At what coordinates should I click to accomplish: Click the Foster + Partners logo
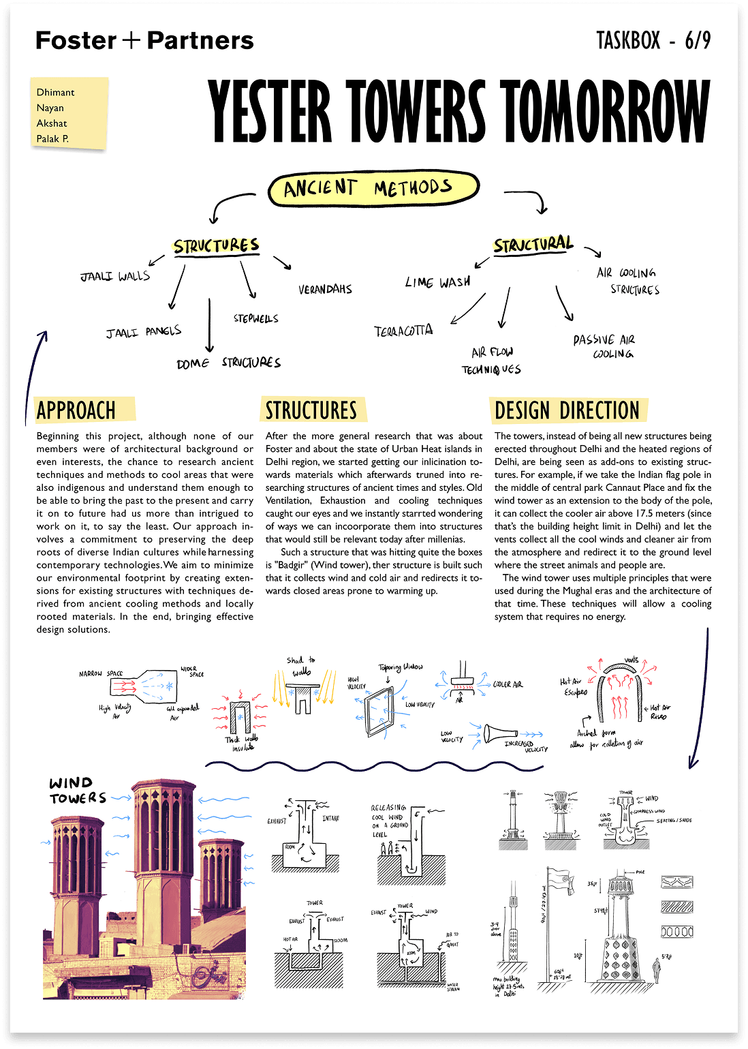click(144, 41)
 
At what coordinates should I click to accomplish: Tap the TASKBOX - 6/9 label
click(653, 41)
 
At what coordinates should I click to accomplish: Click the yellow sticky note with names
click(69, 114)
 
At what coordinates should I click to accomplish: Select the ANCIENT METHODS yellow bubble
click(373, 188)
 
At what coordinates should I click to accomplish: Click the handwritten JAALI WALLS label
click(115, 276)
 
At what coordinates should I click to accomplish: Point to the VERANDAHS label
click(325, 289)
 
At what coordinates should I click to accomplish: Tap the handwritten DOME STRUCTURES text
click(228, 363)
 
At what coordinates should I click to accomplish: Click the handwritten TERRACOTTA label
click(403, 331)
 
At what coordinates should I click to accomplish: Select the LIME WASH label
click(437, 282)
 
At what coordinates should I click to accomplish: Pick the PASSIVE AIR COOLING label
click(604, 346)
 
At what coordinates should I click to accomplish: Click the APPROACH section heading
click(76, 410)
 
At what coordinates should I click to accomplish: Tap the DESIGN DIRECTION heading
click(567, 410)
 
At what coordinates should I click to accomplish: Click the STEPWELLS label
click(255, 318)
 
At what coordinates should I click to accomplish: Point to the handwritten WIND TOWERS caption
click(77, 791)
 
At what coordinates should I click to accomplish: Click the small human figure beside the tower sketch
click(657, 968)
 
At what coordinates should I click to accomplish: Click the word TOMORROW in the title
click(605, 112)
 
